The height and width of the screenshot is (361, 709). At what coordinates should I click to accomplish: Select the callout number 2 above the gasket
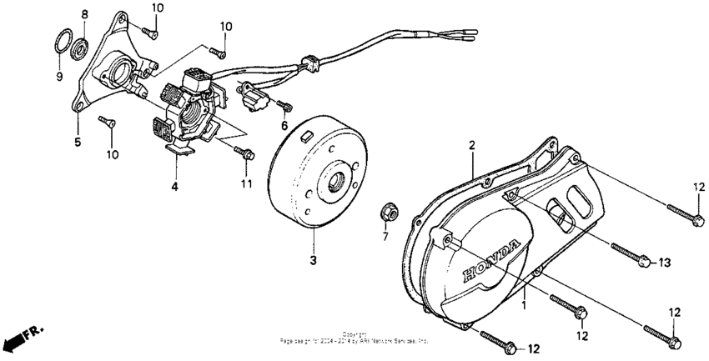(471, 146)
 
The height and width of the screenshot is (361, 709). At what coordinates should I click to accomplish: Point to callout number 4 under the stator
(175, 187)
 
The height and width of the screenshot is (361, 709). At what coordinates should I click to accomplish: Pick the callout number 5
(77, 143)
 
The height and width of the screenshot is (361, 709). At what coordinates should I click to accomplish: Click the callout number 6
(284, 126)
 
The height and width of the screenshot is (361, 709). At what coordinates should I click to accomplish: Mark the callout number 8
(84, 15)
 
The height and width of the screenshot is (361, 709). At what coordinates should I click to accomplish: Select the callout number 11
(246, 183)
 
